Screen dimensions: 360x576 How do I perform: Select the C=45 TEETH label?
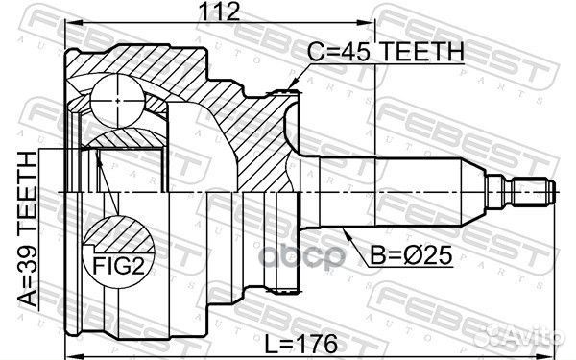pos(386,52)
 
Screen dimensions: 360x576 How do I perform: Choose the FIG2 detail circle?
pos(119,246)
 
